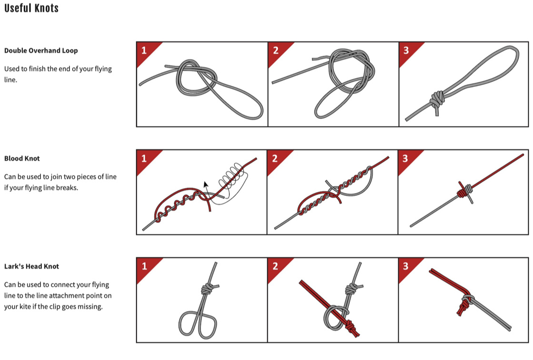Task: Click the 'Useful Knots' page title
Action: (x=31, y=8)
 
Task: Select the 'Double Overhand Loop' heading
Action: (x=41, y=50)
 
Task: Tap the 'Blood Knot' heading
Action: (x=22, y=159)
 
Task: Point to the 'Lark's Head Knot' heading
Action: (x=31, y=266)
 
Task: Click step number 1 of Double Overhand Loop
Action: (x=144, y=50)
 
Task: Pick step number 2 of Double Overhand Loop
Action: (x=276, y=50)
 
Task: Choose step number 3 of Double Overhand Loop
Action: (x=406, y=50)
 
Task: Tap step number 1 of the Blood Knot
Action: (x=144, y=158)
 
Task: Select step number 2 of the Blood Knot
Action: (x=275, y=158)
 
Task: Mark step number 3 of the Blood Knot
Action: (x=405, y=158)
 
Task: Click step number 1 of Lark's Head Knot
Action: (x=144, y=266)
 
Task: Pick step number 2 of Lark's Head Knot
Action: (x=275, y=266)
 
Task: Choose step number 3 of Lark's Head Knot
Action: (x=405, y=266)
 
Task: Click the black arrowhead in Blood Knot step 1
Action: (x=206, y=185)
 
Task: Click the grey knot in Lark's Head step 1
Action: (x=207, y=289)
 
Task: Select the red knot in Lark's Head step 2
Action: (x=351, y=328)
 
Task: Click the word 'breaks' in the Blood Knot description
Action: (x=67, y=187)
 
